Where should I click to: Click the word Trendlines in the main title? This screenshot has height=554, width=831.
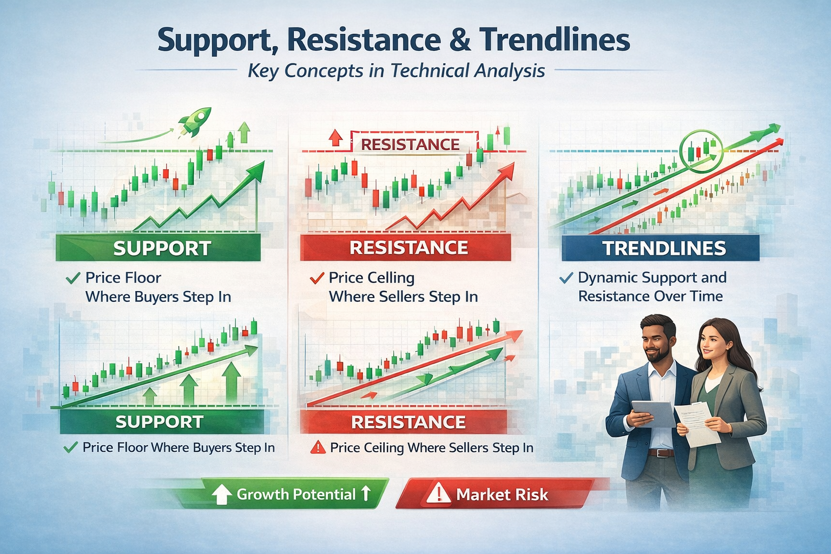[554, 40]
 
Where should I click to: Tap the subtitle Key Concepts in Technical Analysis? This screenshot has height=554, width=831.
[396, 71]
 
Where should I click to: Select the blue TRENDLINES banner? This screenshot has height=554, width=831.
[661, 248]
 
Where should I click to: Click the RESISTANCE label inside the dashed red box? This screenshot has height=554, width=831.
[410, 144]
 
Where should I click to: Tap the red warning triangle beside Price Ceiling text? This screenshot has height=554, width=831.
[318, 447]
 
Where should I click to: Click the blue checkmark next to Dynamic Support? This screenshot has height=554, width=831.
[566, 278]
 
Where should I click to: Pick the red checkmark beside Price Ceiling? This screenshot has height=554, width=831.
[316, 279]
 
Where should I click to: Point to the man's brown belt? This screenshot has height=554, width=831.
[661, 452]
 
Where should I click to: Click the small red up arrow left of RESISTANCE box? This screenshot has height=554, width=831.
[336, 138]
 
